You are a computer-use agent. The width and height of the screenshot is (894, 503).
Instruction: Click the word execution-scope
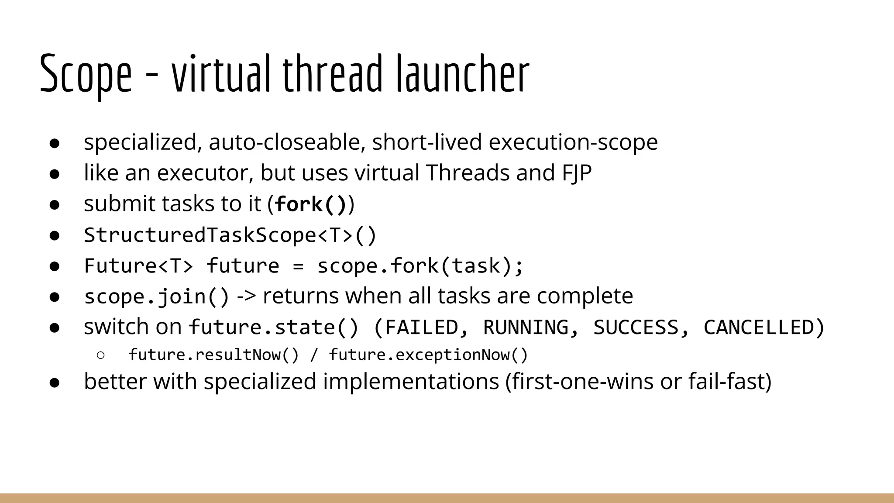[573, 142]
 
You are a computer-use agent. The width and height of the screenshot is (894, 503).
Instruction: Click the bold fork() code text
[311, 204]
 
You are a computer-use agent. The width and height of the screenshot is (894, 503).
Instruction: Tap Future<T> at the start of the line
[138, 265]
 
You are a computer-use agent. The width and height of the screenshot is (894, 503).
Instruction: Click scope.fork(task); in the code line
[420, 265]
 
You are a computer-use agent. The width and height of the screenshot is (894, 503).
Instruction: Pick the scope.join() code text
[156, 296]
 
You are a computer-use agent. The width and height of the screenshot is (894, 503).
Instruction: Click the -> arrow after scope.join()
[246, 296]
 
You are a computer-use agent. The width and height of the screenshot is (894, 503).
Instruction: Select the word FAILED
[421, 327]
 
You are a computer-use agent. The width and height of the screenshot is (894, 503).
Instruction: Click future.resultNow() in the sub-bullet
[213, 355]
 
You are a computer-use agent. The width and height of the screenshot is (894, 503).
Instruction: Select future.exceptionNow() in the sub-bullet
[428, 355]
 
